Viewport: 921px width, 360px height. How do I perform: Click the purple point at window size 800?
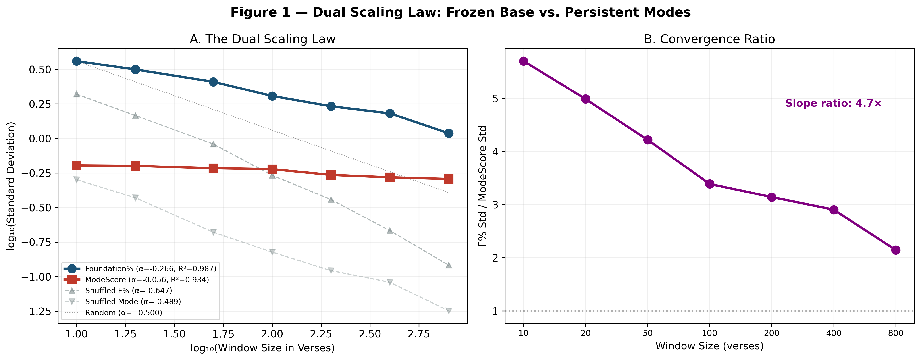(896, 250)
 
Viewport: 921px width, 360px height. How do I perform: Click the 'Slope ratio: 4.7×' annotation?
(833, 103)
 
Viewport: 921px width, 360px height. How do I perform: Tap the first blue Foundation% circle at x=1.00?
(77, 61)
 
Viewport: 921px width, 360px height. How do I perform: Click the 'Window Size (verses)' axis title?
(709, 346)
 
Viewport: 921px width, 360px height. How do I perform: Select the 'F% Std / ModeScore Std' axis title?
(483, 186)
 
